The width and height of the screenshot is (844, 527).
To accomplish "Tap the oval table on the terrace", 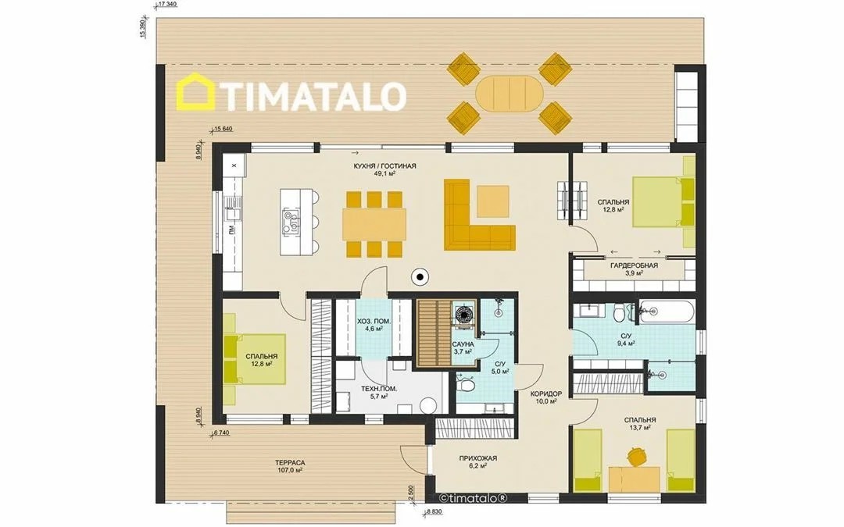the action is coord(510,94).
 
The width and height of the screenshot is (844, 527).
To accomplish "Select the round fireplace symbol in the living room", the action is coord(419,277).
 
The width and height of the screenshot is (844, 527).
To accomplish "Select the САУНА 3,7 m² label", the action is coord(463,347).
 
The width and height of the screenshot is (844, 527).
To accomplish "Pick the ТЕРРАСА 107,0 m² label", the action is coord(290,465).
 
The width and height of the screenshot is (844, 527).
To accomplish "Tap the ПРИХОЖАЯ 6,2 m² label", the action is coord(478,462).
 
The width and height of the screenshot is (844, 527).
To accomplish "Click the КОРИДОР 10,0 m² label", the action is coord(545,397).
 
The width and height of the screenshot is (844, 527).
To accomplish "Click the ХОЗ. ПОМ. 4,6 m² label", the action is coord(374,324).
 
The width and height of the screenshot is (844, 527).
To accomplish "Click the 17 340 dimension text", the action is coord(168,5).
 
